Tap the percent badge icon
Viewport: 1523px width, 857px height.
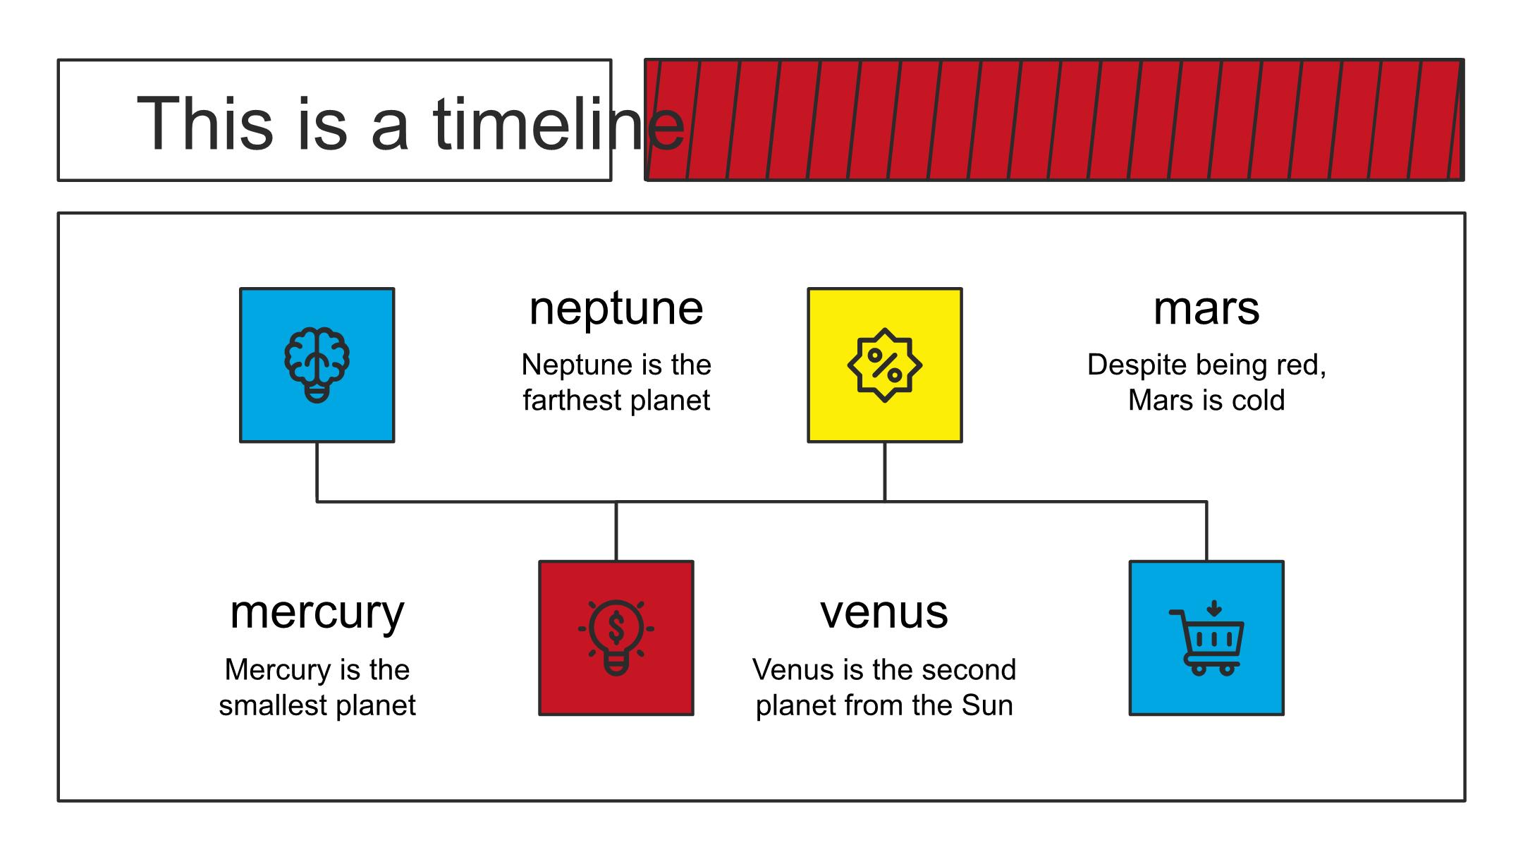tap(885, 365)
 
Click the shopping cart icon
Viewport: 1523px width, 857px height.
tap(1206, 638)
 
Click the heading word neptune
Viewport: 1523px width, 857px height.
tap(616, 308)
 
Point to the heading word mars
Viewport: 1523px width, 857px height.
tap(1206, 308)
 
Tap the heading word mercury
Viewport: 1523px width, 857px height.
tap(317, 612)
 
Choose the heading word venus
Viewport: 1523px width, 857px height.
tap(884, 612)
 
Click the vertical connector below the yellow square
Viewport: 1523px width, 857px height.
tap(885, 473)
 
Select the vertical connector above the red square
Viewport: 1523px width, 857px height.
tap(616, 531)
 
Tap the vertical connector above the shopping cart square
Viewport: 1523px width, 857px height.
tap(1206, 531)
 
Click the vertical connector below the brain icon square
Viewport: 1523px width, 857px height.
tap(317, 473)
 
